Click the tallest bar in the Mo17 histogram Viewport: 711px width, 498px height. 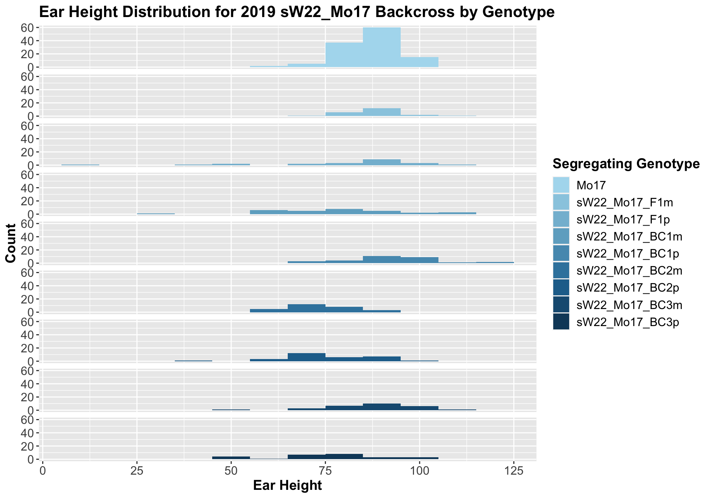[x=381, y=47]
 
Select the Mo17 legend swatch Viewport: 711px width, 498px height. [x=561, y=185]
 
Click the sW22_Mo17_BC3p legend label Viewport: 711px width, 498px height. [x=628, y=322]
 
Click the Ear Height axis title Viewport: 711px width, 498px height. [x=287, y=485]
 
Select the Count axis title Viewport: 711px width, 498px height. [x=11, y=243]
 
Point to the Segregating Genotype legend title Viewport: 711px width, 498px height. [x=625, y=163]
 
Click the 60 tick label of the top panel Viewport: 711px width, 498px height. [x=30, y=27]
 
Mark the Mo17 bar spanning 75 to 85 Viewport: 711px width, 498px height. [x=344, y=55]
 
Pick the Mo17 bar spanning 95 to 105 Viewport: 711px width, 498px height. [x=419, y=62]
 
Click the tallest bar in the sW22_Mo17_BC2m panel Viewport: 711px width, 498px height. [x=306, y=308]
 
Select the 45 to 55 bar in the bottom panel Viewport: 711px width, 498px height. [x=231, y=458]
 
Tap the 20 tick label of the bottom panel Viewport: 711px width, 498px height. [x=30, y=446]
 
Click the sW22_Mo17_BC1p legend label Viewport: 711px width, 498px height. [x=628, y=254]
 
